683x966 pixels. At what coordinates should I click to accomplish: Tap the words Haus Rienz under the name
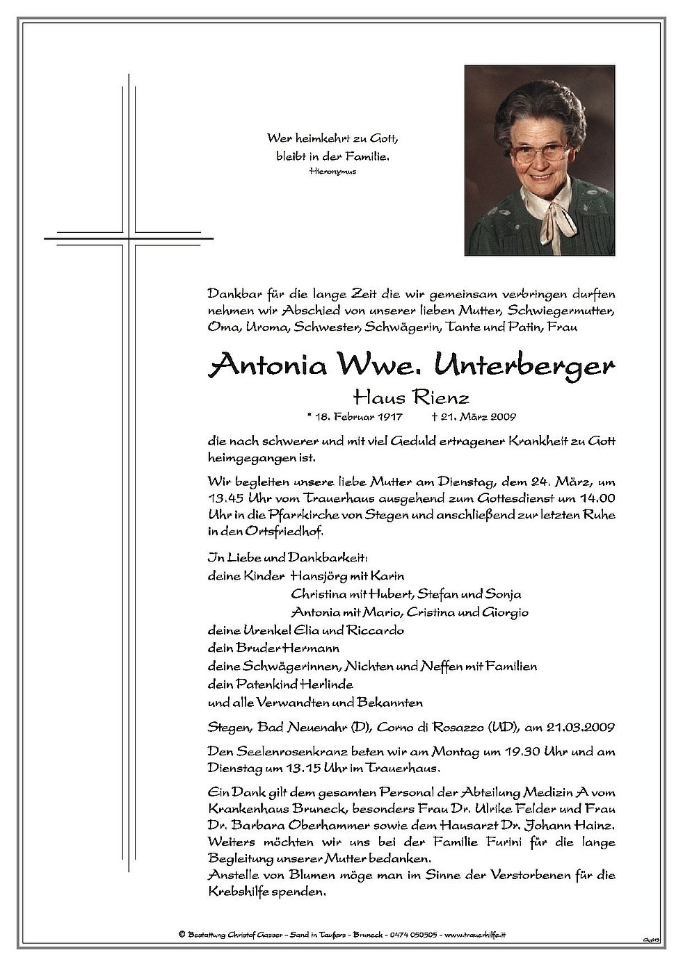[x=411, y=398]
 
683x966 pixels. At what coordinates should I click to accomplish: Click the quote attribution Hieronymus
[x=332, y=171]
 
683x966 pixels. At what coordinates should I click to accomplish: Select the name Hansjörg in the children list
[x=316, y=576]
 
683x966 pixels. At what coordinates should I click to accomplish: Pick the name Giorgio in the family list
[x=508, y=612]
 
